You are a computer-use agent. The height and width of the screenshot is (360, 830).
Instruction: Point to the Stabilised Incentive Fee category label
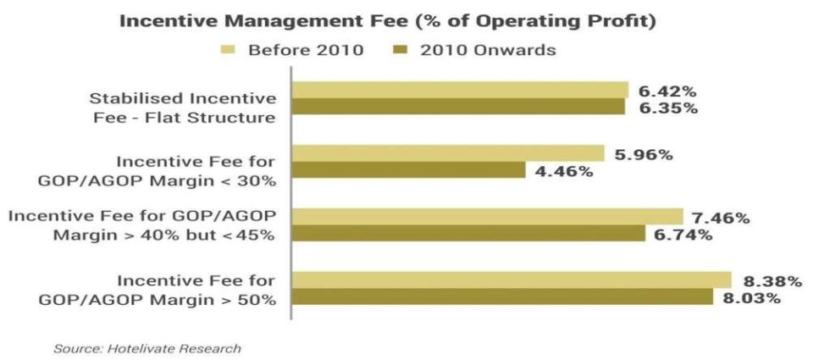coord(183,99)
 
